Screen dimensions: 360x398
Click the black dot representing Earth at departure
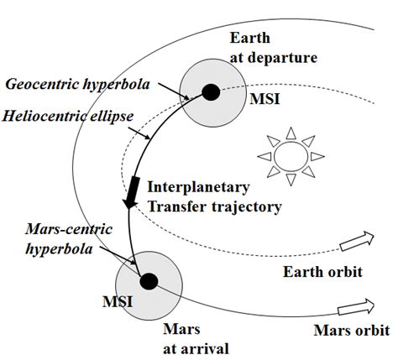pos(210,90)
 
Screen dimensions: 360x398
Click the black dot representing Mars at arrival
pos(149,282)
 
